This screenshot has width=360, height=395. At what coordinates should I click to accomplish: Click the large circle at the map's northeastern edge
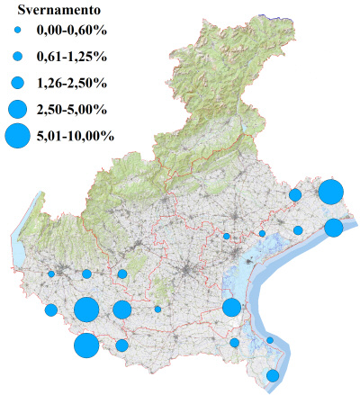[x=330, y=192]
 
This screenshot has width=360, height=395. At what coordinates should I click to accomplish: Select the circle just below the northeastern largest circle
[x=333, y=228]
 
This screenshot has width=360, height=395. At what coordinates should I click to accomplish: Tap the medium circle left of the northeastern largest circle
[x=295, y=195]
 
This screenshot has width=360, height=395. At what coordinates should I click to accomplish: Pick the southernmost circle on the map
[x=273, y=375]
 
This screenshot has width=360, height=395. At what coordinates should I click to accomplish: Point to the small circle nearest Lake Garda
[x=51, y=274]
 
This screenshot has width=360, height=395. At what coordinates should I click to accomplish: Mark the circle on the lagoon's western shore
[x=231, y=307]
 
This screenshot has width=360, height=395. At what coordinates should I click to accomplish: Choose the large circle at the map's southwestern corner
[x=86, y=346]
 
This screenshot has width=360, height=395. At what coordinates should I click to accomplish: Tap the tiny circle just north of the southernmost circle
[x=270, y=340]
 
